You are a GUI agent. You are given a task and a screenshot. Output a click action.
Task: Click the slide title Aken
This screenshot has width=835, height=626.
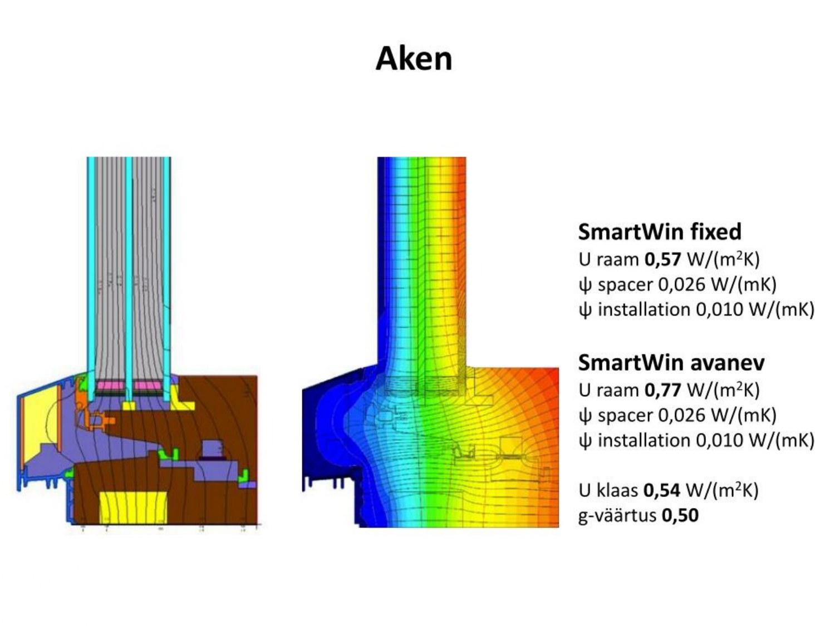414,58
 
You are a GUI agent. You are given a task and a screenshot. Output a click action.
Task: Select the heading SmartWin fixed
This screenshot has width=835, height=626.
660,231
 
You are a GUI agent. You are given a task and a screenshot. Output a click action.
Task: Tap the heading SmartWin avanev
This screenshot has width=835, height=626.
671,362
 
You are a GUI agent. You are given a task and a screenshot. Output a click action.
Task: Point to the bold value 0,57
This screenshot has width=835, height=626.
662,259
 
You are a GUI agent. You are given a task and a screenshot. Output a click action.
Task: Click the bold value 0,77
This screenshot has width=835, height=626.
662,390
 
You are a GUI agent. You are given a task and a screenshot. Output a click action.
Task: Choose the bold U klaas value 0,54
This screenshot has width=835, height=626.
661,490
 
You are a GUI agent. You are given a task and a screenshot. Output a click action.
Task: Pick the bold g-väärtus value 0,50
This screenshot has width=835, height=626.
680,515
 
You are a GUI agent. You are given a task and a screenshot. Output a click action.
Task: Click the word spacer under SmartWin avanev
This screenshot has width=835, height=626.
625,416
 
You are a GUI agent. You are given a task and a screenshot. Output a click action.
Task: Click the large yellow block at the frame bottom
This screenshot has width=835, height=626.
133,507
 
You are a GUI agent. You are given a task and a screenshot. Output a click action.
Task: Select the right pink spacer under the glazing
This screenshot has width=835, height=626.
148,385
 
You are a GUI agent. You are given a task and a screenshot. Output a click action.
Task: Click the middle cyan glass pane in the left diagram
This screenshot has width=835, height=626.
129,267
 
